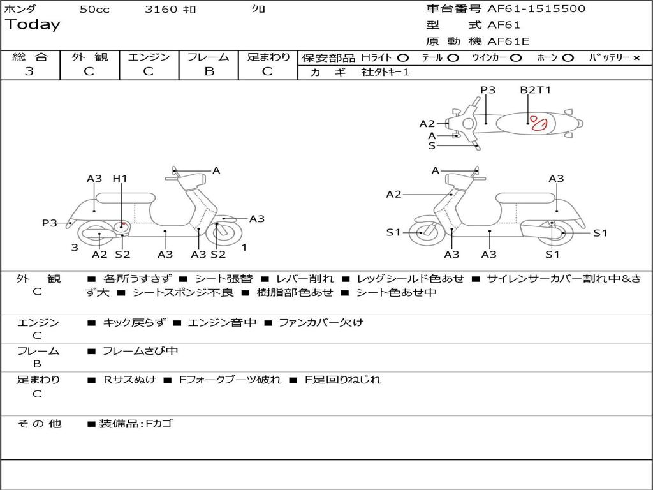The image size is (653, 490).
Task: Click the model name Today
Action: pyautogui.click(x=33, y=25)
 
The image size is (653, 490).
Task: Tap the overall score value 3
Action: pyautogui.click(x=29, y=71)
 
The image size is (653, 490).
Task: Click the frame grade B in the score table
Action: pyautogui.click(x=209, y=71)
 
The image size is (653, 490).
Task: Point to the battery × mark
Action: pyautogui.click(x=636, y=58)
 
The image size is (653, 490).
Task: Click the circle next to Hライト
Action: pyautogui.click(x=402, y=58)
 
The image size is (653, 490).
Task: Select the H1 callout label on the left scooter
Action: pyautogui.click(x=120, y=179)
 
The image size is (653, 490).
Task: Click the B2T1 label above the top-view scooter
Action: pyautogui.click(x=535, y=90)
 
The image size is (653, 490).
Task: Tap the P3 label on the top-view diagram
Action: pyautogui.click(x=488, y=90)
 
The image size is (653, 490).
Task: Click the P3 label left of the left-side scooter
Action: pyautogui.click(x=50, y=223)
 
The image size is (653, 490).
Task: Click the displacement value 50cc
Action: pyautogui.click(x=94, y=10)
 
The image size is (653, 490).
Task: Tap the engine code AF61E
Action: pyautogui.click(x=508, y=41)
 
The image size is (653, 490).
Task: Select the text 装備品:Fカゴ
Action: pyautogui.click(x=135, y=424)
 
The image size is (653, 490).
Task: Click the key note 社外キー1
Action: pyautogui.click(x=385, y=72)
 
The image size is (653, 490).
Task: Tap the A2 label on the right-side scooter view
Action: pyautogui.click(x=393, y=195)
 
